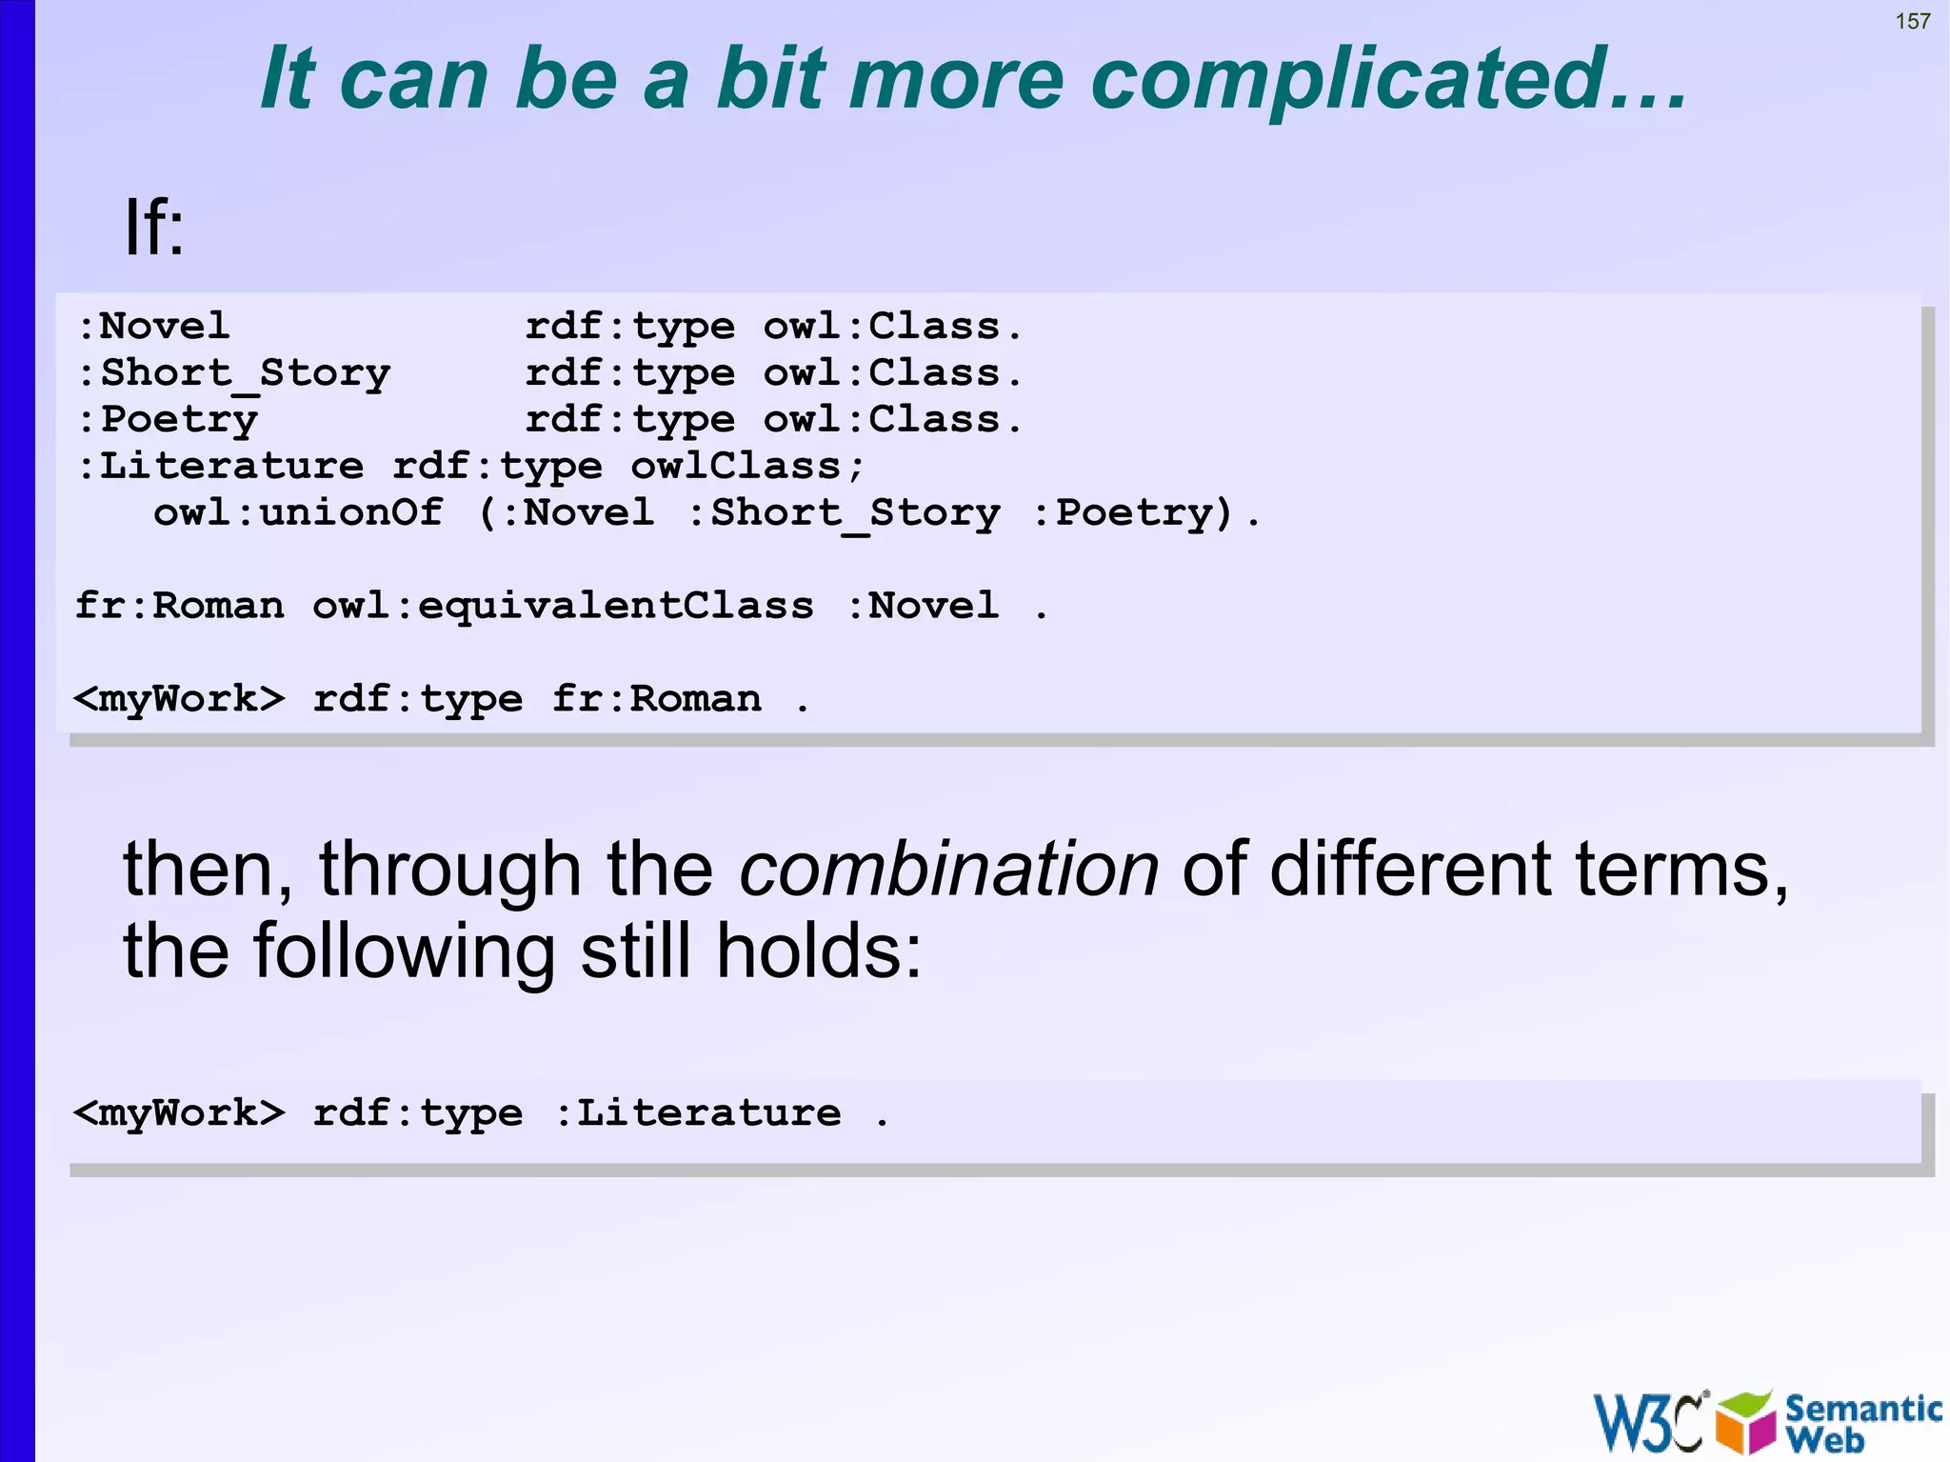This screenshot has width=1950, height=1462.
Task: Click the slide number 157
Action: click(x=1912, y=21)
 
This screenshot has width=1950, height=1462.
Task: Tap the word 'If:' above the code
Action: click(x=154, y=228)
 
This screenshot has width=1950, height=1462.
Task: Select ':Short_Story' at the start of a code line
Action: click(x=233, y=373)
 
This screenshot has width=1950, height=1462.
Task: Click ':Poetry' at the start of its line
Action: click(x=168, y=420)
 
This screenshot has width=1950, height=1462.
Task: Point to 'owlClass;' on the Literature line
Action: click(x=747, y=467)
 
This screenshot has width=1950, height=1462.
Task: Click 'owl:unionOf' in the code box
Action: click(x=298, y=513)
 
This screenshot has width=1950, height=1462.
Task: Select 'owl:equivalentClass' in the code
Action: click(x=563, y=606)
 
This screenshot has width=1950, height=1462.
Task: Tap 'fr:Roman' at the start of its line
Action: click(x=180, y=606)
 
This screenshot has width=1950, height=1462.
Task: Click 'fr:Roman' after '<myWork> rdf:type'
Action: click(x=657, y=699)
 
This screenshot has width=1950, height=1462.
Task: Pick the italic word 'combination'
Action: click(x=948, y=869)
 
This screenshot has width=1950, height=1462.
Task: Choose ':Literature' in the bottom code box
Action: click(x=698, y=1112)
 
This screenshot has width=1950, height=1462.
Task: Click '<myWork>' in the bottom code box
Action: click(x=179, y=1112)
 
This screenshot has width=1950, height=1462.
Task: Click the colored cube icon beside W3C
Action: click(x=1745, y=1422)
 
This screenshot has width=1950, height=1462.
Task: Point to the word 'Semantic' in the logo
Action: click(x=1862, y=1409)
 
